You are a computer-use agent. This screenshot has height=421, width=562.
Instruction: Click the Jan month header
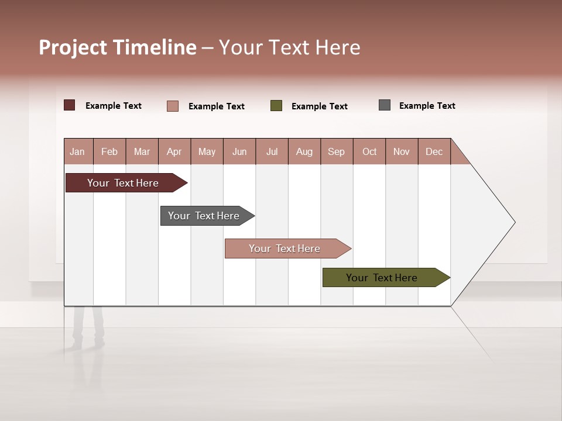click(x=78, y=151)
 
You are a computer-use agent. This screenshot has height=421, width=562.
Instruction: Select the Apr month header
click(x=174, y=151)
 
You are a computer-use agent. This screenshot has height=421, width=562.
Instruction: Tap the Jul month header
click(x=272, y=151)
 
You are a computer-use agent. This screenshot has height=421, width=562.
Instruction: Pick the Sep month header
click(x=337, y=151)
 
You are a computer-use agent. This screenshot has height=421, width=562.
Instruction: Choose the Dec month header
click(x=434, y=151)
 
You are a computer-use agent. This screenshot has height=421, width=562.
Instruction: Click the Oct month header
click(x=369, y=151)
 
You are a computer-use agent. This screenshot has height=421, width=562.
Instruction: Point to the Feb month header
click(x=109, y=151)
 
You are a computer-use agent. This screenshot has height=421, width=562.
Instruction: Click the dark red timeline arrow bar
click(x=123, y=183)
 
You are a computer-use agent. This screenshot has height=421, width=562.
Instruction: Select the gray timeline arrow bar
click(x=204, y=216)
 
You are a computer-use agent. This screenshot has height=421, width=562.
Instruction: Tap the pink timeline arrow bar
click(x=285, y=249)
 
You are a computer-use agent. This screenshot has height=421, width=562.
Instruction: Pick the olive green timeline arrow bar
click(x=382, y=278)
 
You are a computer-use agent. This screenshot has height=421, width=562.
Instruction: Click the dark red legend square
click(x=70, y=105)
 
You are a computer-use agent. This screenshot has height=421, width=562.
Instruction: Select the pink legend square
click(x=173, y=106)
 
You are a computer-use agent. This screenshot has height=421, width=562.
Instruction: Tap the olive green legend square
click(x=276, y=106)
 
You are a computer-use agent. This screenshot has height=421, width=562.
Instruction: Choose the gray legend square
click(x=385, y=105)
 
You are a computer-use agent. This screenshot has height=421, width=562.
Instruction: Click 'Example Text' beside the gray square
click(x=427, y=106)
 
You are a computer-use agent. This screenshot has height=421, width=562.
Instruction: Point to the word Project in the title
click(x=73, y=48)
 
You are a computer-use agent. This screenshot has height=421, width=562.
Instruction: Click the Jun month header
click(x=239, y=151)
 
